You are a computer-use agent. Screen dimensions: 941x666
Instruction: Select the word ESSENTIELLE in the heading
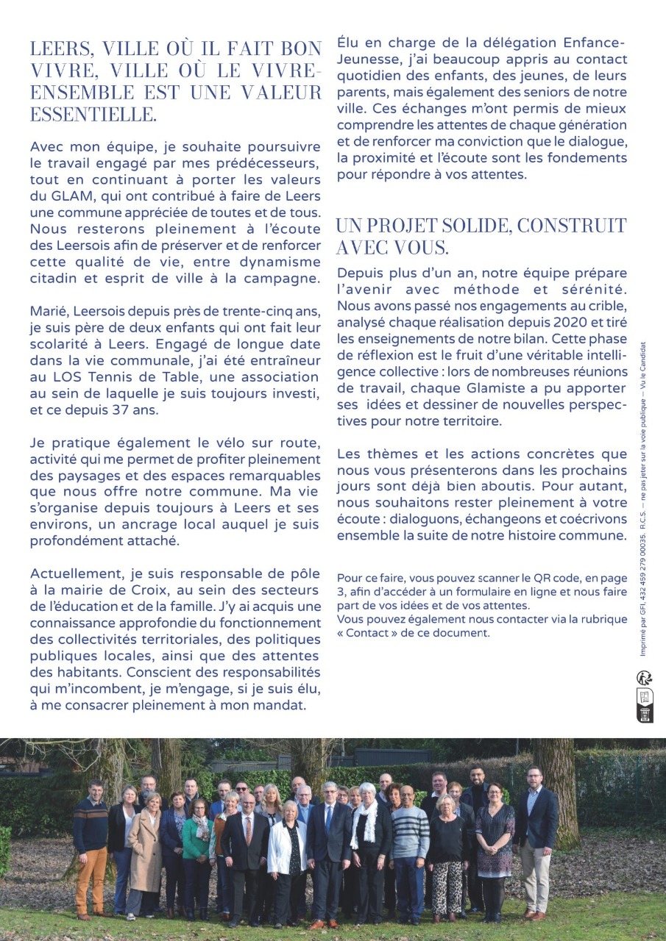(93, 115)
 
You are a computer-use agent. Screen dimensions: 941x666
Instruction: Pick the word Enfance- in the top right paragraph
(586, 43)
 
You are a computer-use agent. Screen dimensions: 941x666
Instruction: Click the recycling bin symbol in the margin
(645, 715)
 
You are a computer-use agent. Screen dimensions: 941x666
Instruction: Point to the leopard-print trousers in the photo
(447, 882)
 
